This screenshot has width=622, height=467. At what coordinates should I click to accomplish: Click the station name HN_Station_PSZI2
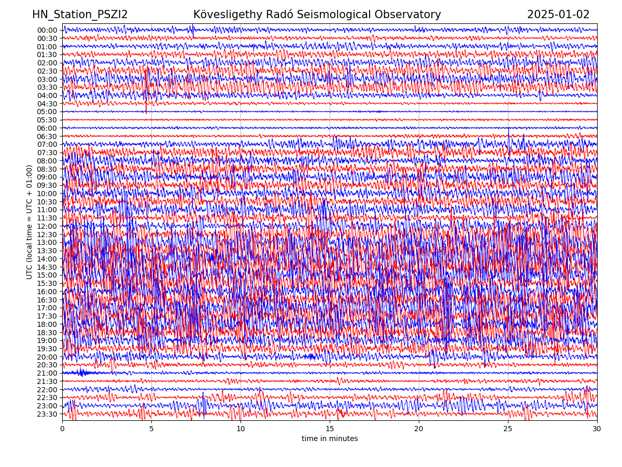point(80,15)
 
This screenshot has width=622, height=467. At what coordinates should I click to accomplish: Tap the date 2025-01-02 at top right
point(558,15)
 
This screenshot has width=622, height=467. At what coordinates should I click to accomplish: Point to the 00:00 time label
point(47,30)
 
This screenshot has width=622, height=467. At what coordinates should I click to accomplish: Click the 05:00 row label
point(47,112)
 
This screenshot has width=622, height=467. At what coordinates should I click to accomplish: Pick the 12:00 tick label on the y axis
point(47,226)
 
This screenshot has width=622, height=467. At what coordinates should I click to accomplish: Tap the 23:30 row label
point(47,414)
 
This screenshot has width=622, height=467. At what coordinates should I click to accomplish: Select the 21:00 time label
point(47,373)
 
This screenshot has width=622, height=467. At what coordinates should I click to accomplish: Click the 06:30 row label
point(47,136)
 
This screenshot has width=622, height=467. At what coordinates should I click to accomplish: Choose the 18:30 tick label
point(47,333)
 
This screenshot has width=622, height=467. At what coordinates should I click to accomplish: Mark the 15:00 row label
point(47,275)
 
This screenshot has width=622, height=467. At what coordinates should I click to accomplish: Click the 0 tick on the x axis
point(62,429)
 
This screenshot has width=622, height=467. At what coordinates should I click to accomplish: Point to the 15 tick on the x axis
point(330,429)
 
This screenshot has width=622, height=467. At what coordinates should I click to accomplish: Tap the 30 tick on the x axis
point(597,429)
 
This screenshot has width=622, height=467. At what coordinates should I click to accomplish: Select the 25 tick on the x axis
point(508,429)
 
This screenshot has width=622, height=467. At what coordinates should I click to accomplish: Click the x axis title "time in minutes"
point(330,439)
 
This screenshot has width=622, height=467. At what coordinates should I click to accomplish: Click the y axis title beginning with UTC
point(30,222)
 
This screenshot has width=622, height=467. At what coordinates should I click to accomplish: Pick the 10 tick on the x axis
point(241,429)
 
